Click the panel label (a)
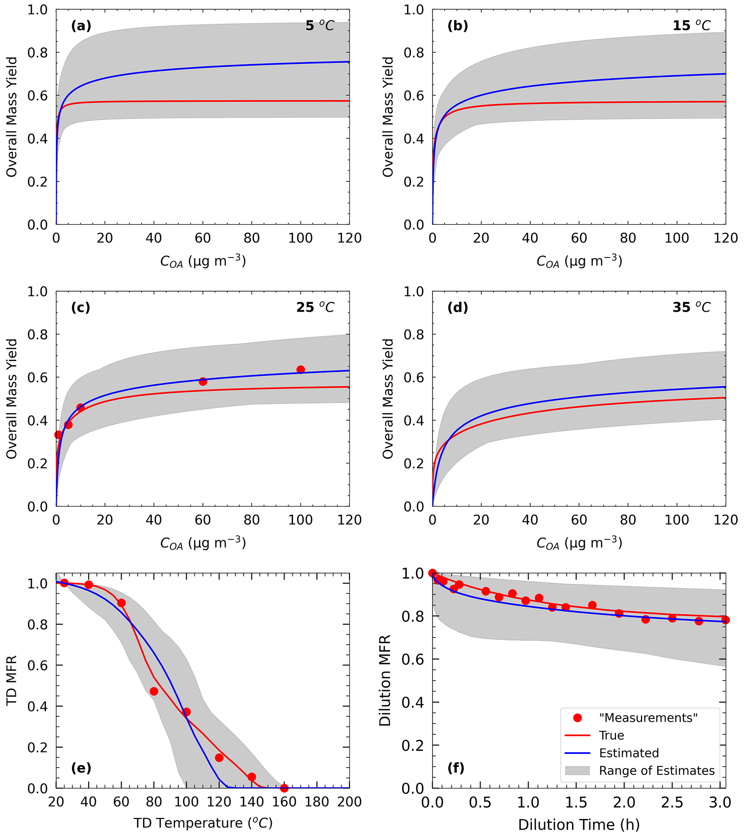click(x=81, y=26)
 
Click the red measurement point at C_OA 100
click(x=301, y=370)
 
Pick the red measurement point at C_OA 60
click(x=203, y=381)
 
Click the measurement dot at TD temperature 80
click(x=154, y=691)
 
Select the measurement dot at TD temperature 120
click(x=219, y=758)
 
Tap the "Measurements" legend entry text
click(x=648, y=718)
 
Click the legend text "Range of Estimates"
click(x=657, y=770)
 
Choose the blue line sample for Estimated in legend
click(x=577, y=753)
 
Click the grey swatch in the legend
click(x=577, y=770)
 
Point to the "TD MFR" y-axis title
click(x=12, y=681)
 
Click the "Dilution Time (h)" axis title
click(x=579, y=825)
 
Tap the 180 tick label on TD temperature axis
click(x=317, y=802)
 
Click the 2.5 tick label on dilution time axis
click(x=672, y=803)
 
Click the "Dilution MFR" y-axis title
click(x=385, y=681)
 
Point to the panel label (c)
click(x=81, y=308)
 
